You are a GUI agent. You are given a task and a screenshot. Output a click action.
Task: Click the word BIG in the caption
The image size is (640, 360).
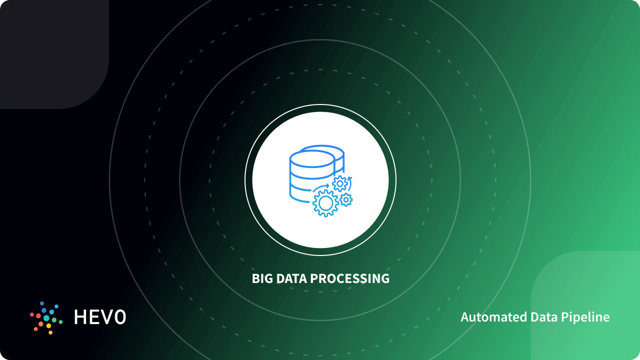tap(262, 278)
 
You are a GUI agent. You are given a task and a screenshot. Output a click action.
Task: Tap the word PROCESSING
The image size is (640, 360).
tap(350, 278)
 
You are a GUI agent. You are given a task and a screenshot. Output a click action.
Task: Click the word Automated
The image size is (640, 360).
tap(486, 317)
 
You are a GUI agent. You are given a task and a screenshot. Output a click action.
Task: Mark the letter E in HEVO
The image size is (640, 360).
tap(95, 317)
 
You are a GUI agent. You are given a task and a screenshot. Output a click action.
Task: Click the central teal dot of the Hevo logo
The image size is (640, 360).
tap(46, 318)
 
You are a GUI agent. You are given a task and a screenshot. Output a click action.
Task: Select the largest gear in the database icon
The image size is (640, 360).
tap(325, 203)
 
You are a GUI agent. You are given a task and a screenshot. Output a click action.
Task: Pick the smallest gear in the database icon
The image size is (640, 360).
tap(346, 200)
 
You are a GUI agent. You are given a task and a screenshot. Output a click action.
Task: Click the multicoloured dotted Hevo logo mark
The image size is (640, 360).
tap(46, 318)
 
